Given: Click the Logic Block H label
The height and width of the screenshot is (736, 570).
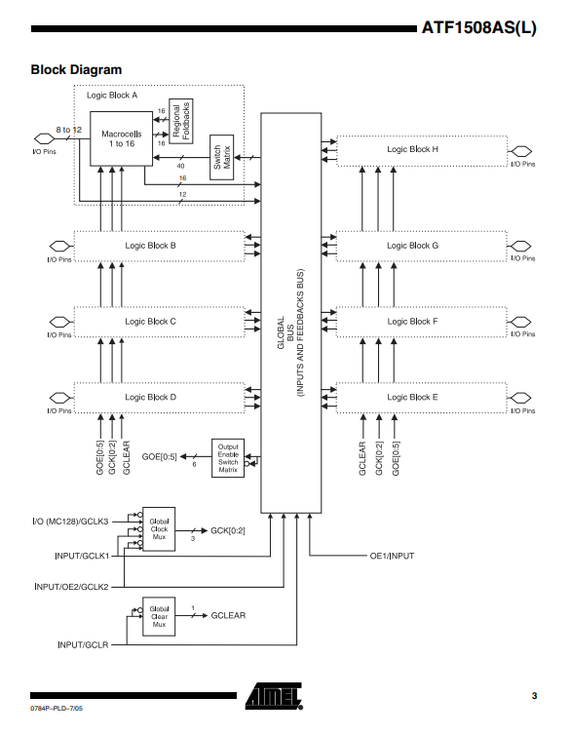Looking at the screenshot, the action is (x=412, y=149).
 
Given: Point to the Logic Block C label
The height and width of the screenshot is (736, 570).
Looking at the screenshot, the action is (x=150, y=322).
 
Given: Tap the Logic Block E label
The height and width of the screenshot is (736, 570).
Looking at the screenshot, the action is (x=412, y=397).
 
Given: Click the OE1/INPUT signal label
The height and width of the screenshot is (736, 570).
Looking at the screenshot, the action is (x=392, y=556).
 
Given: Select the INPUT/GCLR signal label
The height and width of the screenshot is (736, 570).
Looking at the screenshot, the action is (x=83, y=645).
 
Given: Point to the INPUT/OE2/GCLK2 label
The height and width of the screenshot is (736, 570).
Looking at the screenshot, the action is (x=71, y=587).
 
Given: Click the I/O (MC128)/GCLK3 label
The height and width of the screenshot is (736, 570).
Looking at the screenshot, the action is (x=70, y=522).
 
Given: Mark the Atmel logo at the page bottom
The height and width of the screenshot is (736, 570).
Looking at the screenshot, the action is (x=274, y=696).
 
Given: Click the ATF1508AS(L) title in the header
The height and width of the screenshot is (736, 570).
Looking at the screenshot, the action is (x=479, y=27).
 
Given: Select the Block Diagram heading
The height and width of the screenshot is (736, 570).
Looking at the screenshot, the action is (x=76, y=69).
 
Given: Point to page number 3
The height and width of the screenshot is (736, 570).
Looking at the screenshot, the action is (x=534, y=696).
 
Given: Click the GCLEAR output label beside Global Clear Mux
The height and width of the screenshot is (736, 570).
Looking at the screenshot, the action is (x=228, y=615).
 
